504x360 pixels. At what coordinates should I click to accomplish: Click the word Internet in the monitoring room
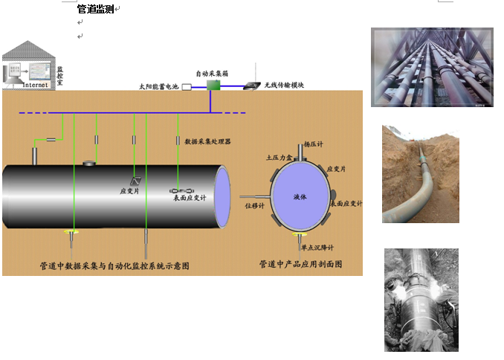click(35, 85)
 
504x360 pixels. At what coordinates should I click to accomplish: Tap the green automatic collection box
click(213, 86)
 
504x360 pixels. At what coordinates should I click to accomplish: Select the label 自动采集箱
click(212, 74)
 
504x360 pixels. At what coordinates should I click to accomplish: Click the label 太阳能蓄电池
click(159, 87)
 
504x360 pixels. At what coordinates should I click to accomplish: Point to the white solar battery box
click(187, 87)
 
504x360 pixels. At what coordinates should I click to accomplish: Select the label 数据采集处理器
click(208, 141)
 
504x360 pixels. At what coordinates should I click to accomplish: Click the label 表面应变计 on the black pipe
click(190, 198)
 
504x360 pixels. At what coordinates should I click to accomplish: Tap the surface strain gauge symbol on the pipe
click(179, 190)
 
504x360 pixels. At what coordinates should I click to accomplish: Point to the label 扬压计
click(314, 146)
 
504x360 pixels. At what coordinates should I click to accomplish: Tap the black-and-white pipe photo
click(421, 299)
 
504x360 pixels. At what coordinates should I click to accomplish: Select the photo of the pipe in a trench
click(420, 174)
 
